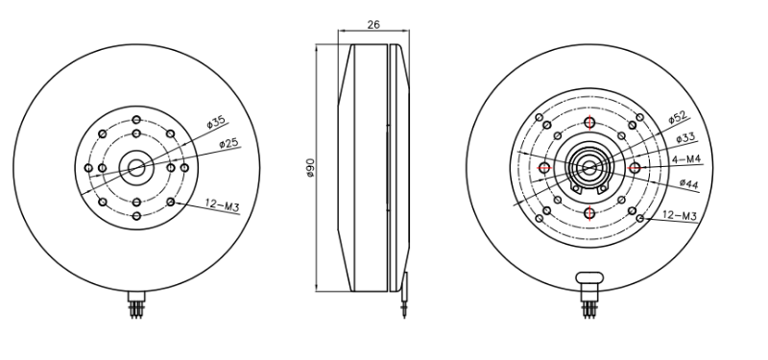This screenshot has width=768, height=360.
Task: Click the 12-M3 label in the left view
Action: click(224, 203)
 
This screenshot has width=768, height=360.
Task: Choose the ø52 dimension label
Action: click(678, 117)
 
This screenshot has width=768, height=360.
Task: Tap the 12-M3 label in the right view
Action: click(680, 218)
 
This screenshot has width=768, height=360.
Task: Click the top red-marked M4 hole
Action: click(589, 122)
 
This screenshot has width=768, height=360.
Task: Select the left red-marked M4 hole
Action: click(545, 167)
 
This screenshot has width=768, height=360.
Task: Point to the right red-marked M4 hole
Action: click(635, 167)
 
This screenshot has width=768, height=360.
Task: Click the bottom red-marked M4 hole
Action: click(589, 212)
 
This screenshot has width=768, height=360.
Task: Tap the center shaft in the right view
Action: click(589, 167)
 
